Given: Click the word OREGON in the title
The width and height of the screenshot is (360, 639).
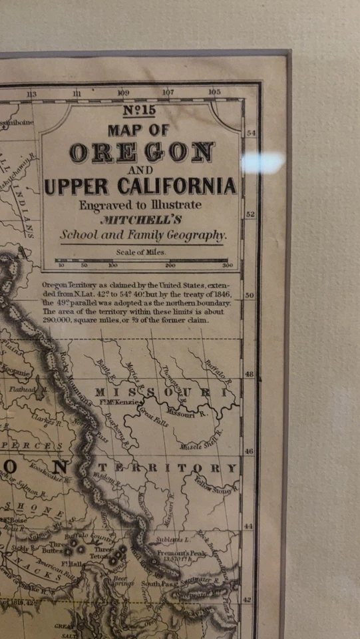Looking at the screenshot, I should click(141, 153).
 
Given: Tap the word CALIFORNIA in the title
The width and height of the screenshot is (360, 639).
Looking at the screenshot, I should click(171, 186).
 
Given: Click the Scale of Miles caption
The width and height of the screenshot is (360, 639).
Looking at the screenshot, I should click(140, 252).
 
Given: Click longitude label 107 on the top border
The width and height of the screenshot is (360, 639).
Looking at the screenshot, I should click(168, 93).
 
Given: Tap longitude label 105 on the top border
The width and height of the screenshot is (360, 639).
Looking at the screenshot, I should click(214, 93).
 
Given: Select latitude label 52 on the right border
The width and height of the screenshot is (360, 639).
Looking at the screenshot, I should click(251, 215).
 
